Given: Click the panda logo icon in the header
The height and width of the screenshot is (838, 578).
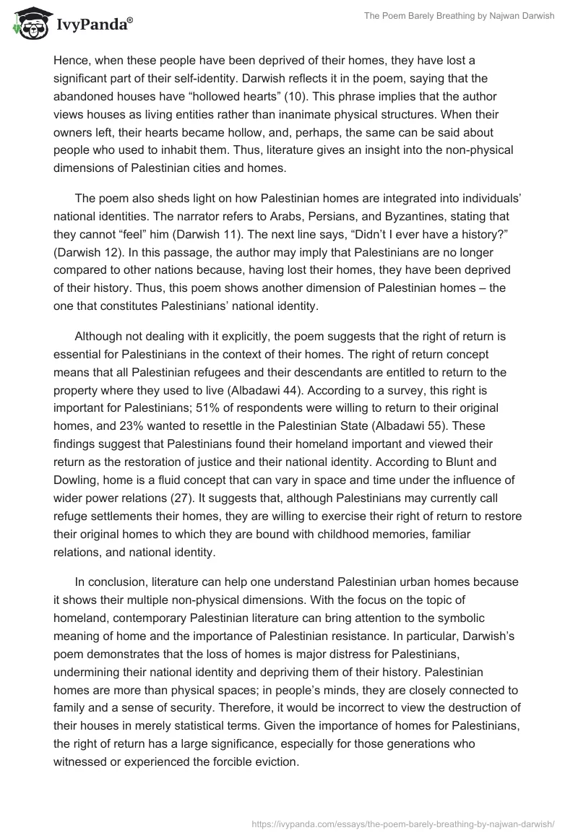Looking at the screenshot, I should click(x=27, y=24).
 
